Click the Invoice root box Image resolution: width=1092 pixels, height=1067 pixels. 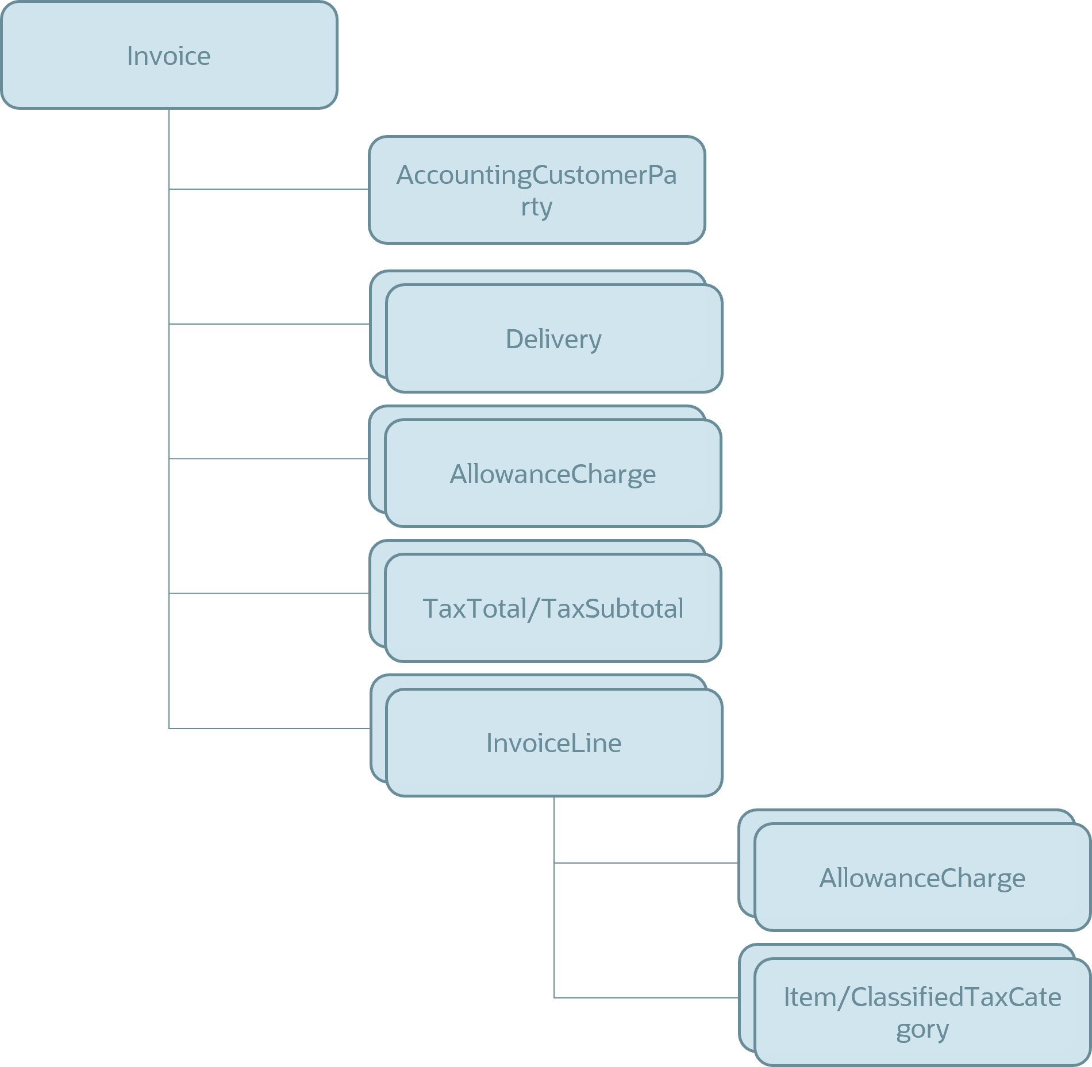click(169, 55)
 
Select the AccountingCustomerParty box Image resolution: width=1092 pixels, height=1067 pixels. click(537, 190)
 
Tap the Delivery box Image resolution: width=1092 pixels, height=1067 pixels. click(554, 338)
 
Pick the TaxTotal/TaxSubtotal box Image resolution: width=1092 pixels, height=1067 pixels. click(553, 608)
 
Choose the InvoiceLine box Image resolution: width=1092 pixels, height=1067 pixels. click(554, 742)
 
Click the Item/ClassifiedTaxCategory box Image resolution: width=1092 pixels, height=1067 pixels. click(922, 1011)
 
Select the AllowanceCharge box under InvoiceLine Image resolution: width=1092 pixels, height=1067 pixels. click(922, 877)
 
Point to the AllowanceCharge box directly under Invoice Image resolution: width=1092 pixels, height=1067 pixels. click(553, 473)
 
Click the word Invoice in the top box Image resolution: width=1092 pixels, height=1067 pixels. click(168, 56)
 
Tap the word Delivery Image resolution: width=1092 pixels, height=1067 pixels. click(553, 339)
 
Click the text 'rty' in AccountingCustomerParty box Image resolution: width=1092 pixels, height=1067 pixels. click(536, 206)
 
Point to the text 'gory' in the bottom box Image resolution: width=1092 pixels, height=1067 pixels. click(922, 1029)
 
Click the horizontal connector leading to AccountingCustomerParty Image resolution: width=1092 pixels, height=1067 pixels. click(268, 189)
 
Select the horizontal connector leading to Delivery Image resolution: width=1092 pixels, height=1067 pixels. click(268, 324)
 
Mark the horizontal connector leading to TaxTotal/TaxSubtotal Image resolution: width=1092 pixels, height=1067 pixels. click(268, 593)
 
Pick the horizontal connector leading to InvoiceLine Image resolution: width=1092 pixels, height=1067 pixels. click(268, 729)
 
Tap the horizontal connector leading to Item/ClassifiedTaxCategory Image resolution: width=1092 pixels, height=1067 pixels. click(645, 998)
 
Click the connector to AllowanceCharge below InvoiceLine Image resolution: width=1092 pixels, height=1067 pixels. click(645, 863)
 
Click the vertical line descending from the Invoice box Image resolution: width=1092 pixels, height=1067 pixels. click(169, 402)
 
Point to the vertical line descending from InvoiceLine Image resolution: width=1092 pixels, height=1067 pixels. click(554, 896)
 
